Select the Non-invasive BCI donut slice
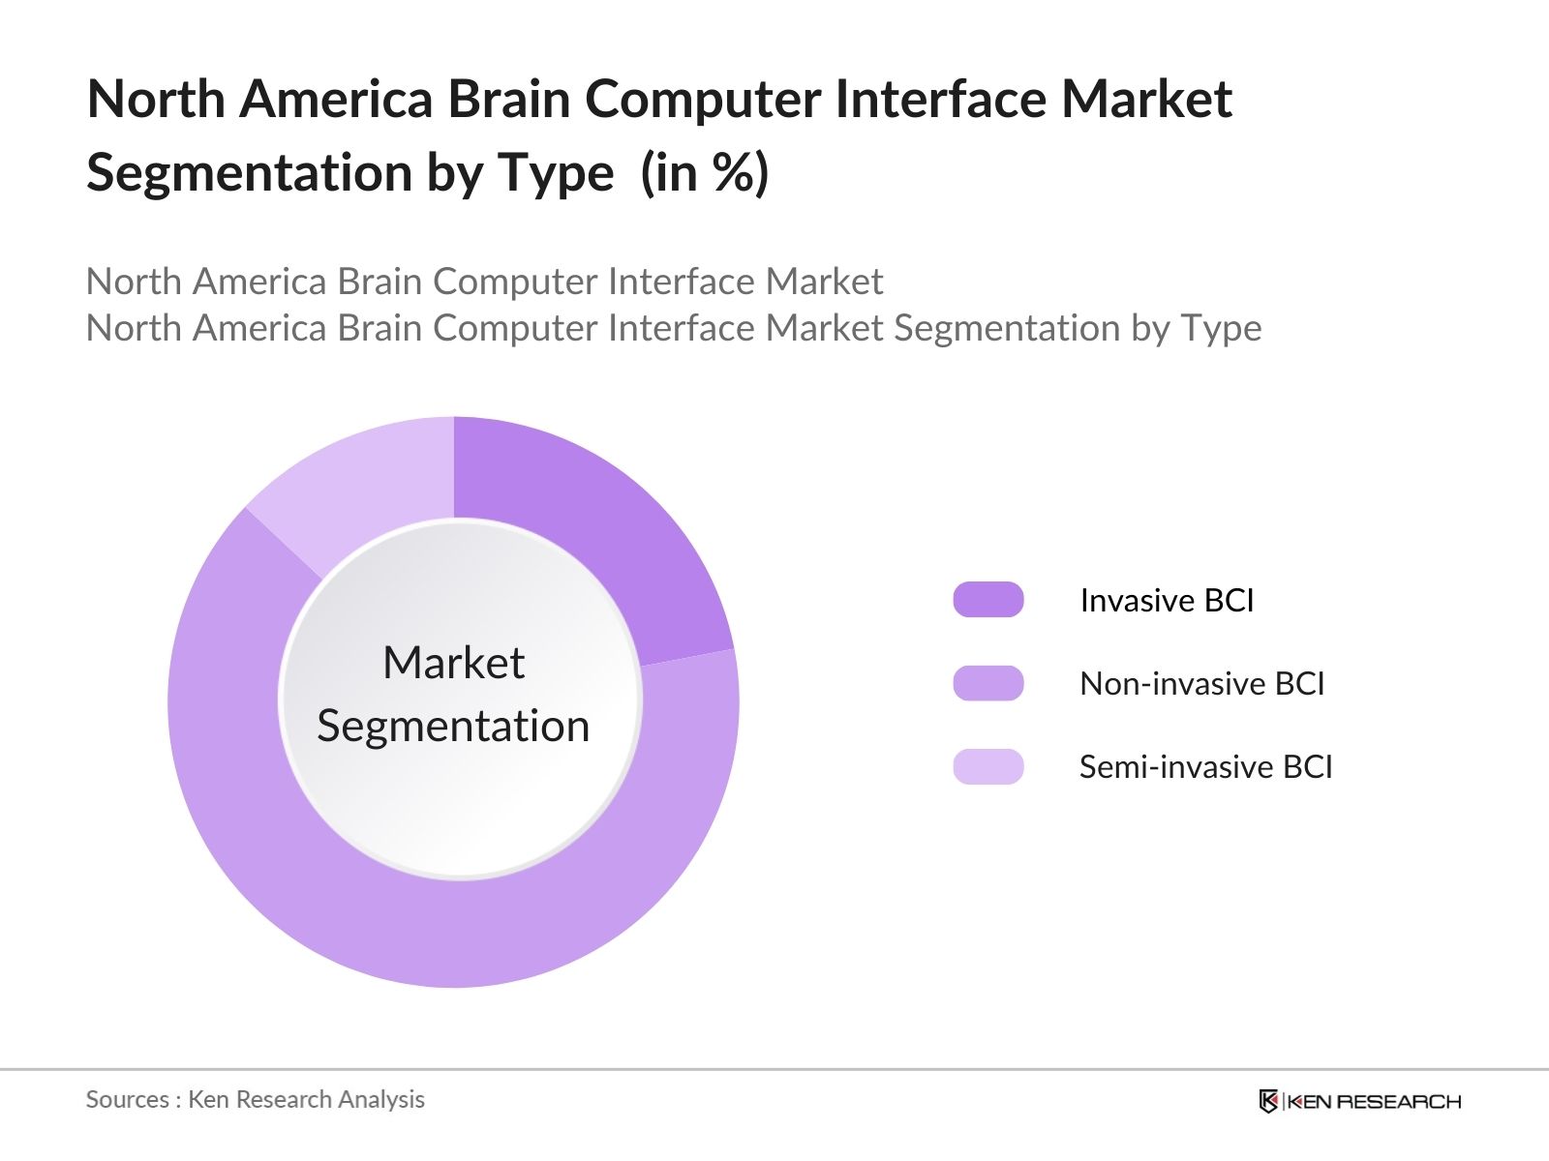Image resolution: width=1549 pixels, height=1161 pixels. coord(455,929)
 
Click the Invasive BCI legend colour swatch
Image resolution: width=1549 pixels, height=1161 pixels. coord(987,600)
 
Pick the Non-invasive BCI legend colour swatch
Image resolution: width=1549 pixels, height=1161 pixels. coord(987,683)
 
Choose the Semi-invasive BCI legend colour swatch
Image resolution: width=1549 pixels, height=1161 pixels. coord(987,766)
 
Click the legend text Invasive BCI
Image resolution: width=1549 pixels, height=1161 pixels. coord(1167,601)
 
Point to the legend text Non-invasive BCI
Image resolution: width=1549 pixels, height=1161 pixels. coord(1201,684)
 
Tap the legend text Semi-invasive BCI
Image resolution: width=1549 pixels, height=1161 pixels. coord(1205,767)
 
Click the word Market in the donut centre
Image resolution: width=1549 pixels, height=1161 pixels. coord(453,664)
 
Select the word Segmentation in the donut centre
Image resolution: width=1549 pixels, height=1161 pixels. coord(453,726)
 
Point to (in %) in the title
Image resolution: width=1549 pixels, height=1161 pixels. coord(705,174)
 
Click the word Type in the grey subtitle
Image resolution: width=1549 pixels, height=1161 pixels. coord(1220,329)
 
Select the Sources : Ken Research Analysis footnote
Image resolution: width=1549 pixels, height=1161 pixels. coord(255,1099)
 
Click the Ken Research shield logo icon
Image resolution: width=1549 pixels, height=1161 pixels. coord(1267,1101)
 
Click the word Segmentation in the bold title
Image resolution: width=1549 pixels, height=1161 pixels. coord(251,174)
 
